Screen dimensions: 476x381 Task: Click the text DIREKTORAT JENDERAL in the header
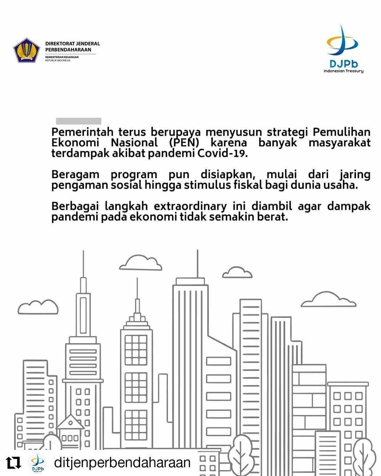click(x=72, y=44)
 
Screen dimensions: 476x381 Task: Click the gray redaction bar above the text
click(x=79, y=121)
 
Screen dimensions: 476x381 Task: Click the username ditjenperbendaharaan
click(x=122, y=463)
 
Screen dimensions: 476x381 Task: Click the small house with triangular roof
click(x=70, y=429)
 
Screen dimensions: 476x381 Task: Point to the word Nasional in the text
click(x=134, y=143)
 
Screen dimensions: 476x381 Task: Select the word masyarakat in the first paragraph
click(x=339, y=143)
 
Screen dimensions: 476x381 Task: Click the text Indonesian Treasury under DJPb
click(x=343, y=71)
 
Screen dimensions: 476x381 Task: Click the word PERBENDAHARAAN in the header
click(x=68, y=50)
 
